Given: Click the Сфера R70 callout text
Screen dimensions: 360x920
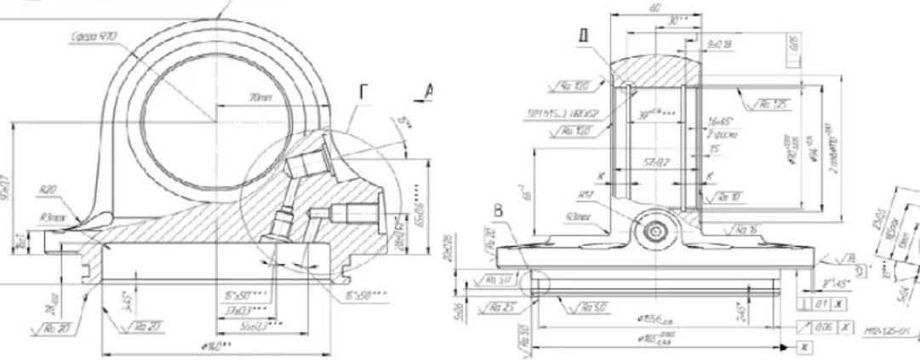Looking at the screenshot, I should [x=93, y=36].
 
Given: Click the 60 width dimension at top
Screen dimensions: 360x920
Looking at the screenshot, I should [x=654, y=7].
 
